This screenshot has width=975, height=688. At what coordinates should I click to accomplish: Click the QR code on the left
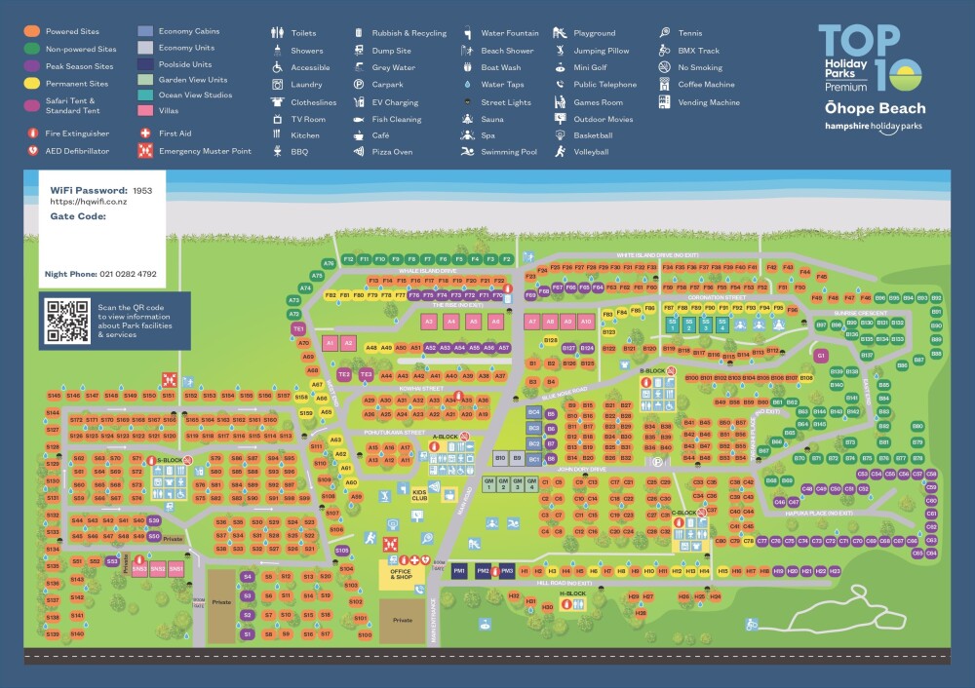point(68,321)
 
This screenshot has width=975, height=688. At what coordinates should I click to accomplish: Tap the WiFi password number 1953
point(142,190)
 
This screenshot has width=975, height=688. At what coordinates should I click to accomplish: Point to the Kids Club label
point(420,494)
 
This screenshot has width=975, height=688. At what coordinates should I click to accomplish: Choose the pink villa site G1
point(821,356)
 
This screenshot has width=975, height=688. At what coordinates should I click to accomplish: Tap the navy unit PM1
point(458,571)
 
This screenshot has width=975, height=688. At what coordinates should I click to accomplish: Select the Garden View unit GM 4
point(531,483)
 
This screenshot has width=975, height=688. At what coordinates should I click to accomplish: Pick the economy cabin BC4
point(533,412)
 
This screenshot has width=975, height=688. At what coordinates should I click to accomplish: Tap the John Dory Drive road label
point(582,469)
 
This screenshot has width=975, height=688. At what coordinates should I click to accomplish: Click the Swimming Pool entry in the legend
point(508,152)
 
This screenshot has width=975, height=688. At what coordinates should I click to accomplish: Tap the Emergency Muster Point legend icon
point(145,151)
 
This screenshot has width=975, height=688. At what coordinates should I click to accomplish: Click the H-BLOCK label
point(572,592)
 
